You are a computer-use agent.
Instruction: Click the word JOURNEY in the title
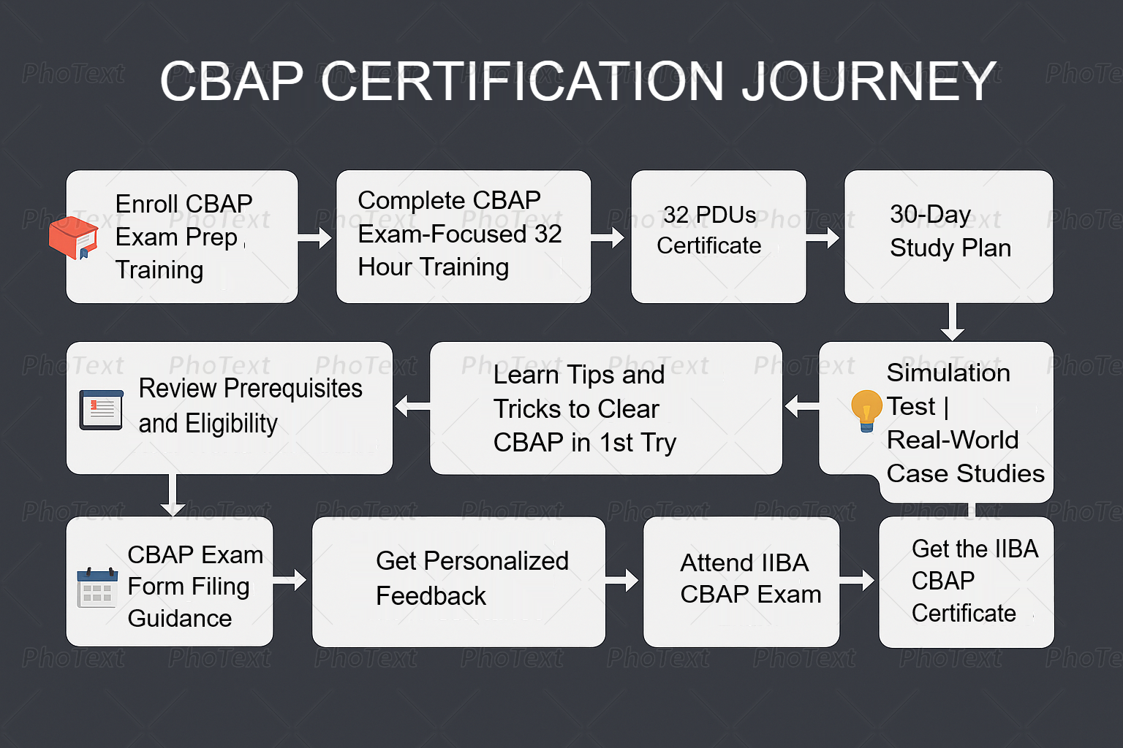[x=869, y=81]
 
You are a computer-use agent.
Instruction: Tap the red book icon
[x=73, y=237]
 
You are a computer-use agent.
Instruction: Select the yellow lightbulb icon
[x=866, y=411]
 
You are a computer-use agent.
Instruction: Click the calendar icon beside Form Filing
[x=97, y=588]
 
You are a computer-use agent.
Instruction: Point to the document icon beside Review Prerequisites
[x=102, y=410]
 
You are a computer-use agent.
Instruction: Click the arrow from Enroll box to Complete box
[x=315, y=238]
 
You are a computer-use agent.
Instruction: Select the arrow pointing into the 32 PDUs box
[x=608, y=238]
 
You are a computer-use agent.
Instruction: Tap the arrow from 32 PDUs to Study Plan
[x=823, y=238]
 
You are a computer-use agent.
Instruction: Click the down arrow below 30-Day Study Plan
[x=953, y=321]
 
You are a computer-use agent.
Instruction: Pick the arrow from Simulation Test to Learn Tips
[x=801, y=406]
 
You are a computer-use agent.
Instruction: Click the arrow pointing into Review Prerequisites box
[x=412, y=406]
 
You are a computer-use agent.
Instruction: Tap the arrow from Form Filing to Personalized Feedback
[x=290, y=580]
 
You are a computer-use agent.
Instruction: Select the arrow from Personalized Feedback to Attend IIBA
[x=621, y=580]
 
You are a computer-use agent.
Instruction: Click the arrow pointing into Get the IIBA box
[x=857, y=580]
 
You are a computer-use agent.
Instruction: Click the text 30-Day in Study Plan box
[x=931, y=215]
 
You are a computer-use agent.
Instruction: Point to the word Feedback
[x=431, y=596]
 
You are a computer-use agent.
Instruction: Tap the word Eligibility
[x=231, y=424]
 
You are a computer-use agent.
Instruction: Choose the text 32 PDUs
[x=709, y=215]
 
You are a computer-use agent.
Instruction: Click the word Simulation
[x=948, y=373]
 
